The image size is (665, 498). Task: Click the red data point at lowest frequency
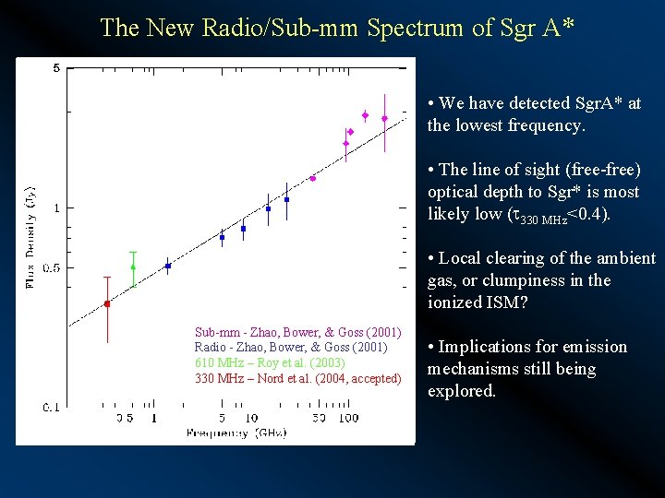tap(107, 303)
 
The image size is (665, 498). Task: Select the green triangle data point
tap(133, 267)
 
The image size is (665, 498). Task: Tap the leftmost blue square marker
tap(168, 266)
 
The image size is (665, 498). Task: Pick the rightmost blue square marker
tap(287, 199)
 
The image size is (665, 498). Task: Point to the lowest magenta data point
tap(313, 178)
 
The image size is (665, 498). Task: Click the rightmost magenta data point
tap(384, 118)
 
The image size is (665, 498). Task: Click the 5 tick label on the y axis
tap(57, 68)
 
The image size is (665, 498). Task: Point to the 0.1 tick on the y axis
tap(54, 406)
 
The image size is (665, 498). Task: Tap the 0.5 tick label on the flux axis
tap(54, 268)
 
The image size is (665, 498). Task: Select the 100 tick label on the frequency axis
tap(348, 419)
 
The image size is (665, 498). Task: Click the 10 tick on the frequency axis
tap(250, 419)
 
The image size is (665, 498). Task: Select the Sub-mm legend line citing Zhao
tap(297, 332)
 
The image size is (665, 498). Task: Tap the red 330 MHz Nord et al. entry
tap(297, 378)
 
